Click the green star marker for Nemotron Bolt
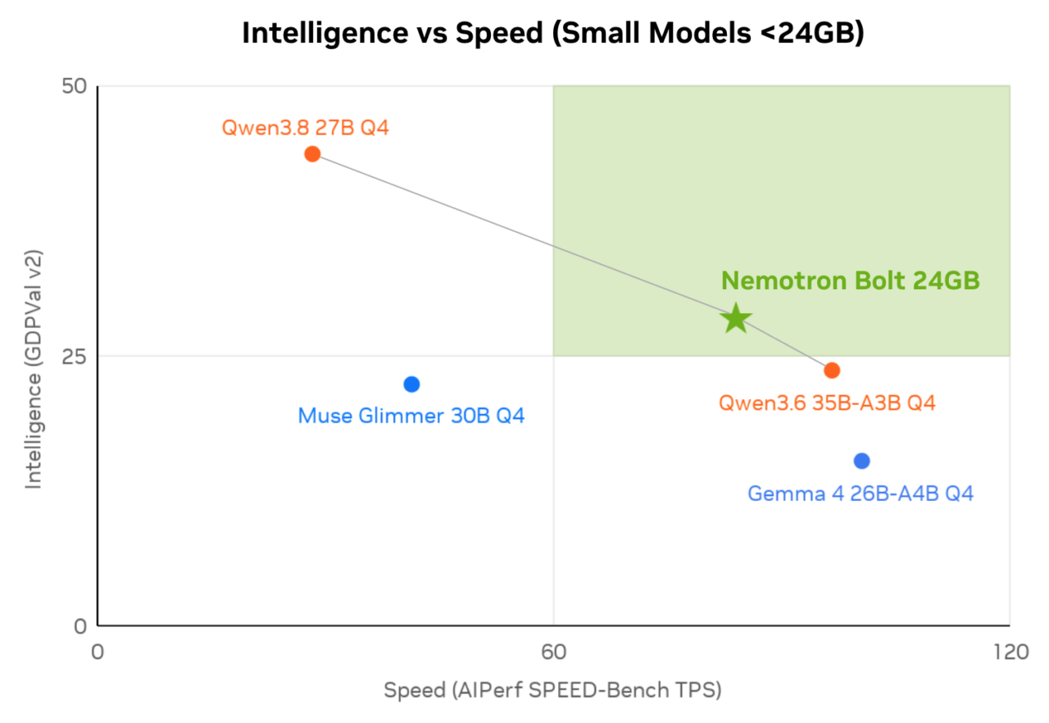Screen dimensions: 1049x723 point(736,318)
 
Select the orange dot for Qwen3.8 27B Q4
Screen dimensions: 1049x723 point(312,153)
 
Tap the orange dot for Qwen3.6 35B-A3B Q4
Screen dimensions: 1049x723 point(832,371)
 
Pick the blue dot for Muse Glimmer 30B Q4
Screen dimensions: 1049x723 point(411,384)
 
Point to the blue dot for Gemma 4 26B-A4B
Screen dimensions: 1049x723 point(861,462)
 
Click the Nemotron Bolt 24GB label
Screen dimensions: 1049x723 point(851,280)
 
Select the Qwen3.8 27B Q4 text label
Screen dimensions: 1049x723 point(306,128)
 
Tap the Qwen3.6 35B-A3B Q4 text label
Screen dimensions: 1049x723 point(827,403)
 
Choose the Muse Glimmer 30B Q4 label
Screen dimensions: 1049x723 point(411,416)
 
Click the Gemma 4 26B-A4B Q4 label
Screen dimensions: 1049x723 point(861,493)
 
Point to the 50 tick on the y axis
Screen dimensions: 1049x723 point(75,86)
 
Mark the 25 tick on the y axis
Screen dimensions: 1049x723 point(75,357)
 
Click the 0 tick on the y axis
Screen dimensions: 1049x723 point(80,626)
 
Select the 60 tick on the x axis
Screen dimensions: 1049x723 point(553,652)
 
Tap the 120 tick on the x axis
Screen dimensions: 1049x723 point(1011,652)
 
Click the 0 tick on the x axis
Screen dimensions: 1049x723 point(98,652)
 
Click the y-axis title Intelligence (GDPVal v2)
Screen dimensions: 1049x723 point(34,370)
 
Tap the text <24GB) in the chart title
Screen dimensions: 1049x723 point(812,34)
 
